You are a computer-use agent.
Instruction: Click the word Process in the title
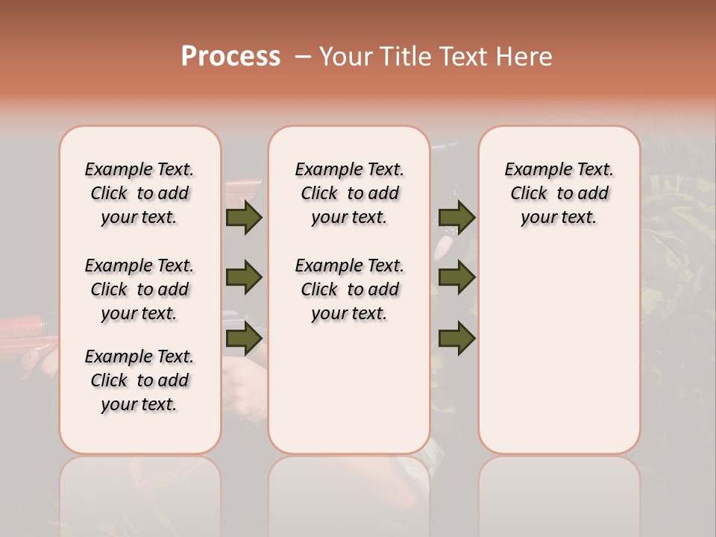(230, 57)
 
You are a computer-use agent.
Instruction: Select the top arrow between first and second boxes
(244, 217)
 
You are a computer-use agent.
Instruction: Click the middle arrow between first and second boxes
(244, 277)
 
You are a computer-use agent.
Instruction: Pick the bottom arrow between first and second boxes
(244, 339)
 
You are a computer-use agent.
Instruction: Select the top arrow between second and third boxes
(456, 217)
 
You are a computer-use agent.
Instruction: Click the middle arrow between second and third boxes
(456, 277)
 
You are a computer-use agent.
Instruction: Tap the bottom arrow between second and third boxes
(456, 339)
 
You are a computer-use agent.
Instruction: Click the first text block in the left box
(139, 193)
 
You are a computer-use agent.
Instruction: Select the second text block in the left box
(139, 289)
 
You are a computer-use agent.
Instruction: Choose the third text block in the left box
(139, 380)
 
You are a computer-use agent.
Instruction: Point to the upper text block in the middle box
(349, 193)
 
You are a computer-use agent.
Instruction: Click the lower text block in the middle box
(349, 289)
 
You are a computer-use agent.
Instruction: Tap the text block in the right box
(559, 193)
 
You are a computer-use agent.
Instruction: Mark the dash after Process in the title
(302, 57)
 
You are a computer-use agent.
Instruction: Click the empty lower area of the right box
(559, 351)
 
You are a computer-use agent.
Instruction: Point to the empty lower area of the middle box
(349, 388)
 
